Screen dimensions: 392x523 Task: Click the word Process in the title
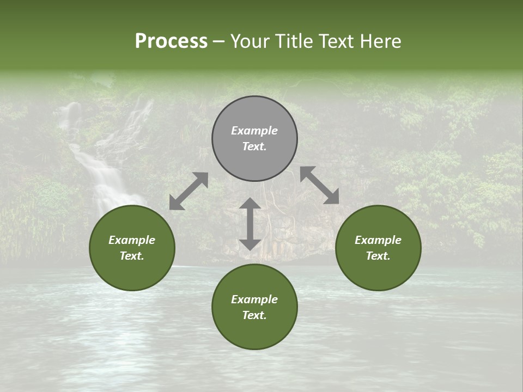171,41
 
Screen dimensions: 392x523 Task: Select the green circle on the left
132,248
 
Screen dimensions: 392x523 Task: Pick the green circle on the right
378,248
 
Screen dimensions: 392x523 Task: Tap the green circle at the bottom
254,307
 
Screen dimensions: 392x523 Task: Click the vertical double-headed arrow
250,224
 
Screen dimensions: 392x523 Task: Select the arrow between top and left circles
188,191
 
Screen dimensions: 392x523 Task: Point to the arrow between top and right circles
319,185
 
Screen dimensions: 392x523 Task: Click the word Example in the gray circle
254,131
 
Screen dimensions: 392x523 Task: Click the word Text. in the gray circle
254,146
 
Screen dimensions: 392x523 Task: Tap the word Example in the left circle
132,240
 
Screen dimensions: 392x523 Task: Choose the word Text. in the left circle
132,256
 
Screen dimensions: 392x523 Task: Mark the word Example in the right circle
378,240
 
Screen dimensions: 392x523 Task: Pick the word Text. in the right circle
378,256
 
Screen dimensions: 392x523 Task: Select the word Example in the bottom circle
254,299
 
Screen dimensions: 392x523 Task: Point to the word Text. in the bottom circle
254,315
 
